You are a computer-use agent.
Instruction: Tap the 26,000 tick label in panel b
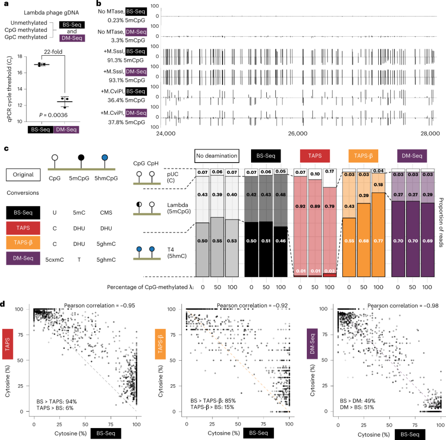click(x=297, y=134)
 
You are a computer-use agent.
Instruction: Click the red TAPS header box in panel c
click(x=314, y=156)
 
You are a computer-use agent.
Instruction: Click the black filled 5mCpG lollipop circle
click(x=81, y=157)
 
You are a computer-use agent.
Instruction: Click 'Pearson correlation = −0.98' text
click(x=394, y=306)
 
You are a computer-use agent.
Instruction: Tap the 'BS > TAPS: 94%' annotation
click(x=57, y=401)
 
